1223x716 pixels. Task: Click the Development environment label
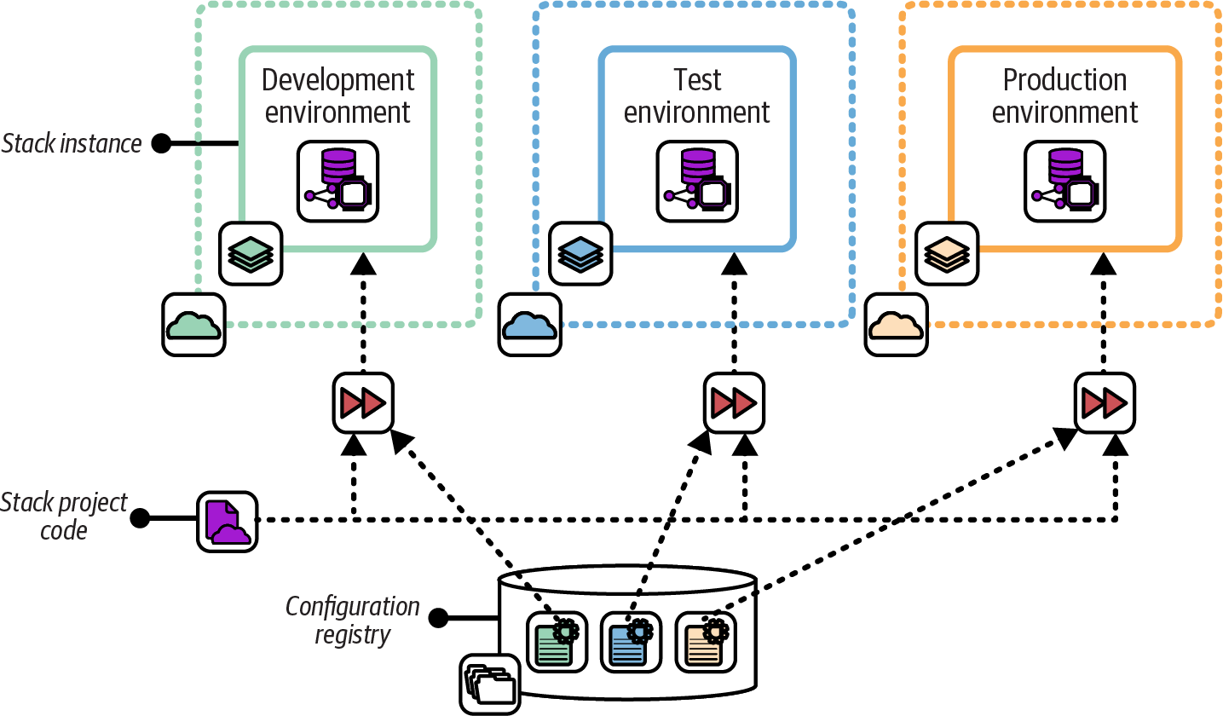click(337, 96)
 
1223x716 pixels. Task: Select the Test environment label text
click(697, 96)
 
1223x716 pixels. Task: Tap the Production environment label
click(1064, 96)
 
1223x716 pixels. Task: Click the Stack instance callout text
click(72, 144)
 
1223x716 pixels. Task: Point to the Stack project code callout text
click(64, 517)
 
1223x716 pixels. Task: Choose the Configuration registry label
click(352, 620)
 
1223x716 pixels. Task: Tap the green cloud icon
click(194, 325)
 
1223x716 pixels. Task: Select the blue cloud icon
click(529, 325)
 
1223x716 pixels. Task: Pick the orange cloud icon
click(897, 325)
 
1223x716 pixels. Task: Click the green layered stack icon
click(251, 253)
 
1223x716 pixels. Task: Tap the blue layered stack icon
click(580, 253)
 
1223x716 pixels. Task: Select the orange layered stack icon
click(947, 253)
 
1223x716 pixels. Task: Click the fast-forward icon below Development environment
click(363, 402)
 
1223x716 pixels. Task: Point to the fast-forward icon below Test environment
click(734, 402)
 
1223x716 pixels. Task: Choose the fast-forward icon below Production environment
click(1105, 402)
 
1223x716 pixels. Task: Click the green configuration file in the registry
click(555, 642)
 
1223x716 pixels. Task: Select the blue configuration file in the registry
click(629, 642)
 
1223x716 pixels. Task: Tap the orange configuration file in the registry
click(705, 642)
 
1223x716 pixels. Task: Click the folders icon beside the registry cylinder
click(490, 684)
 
